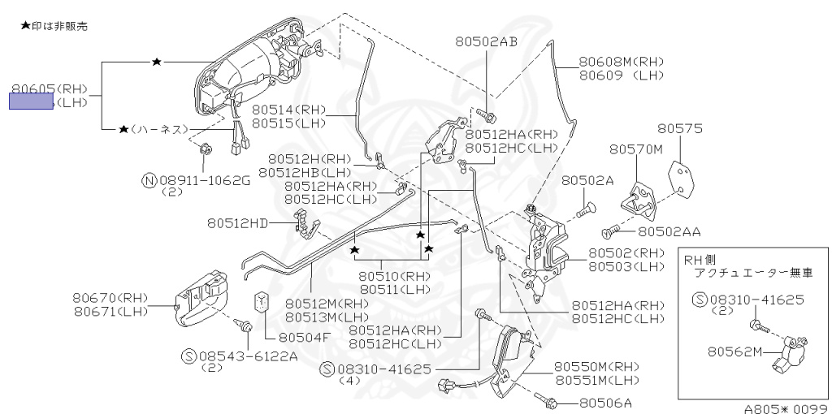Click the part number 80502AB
486,41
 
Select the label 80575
680,129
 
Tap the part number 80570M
636,149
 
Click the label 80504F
305,337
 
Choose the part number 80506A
605,402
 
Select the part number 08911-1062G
204,180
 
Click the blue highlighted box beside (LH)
31,101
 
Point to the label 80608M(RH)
622,62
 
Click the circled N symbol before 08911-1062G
149,180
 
